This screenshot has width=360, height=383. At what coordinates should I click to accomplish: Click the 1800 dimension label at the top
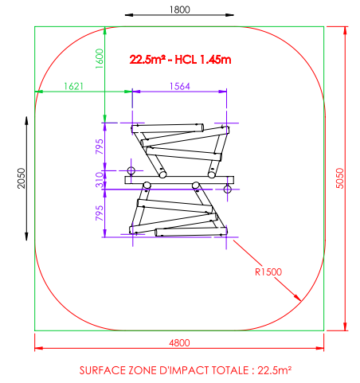[180, 10]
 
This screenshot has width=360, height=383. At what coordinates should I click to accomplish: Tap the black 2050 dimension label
[22, 178]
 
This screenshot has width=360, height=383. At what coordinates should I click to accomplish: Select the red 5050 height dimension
[339, 178]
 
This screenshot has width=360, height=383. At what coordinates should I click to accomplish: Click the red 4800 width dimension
[179, 342]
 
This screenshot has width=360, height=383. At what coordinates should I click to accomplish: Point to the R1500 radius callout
[268, 272]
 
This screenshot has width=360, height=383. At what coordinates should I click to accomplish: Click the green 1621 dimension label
[73, 86]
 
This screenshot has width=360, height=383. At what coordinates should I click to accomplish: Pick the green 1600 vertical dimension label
[100, 59]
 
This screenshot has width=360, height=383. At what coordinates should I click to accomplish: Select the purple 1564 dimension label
[180, 86]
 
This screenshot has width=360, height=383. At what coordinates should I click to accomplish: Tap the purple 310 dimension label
[100, 180]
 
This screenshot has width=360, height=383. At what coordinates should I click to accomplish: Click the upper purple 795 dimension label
[100, 147]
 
